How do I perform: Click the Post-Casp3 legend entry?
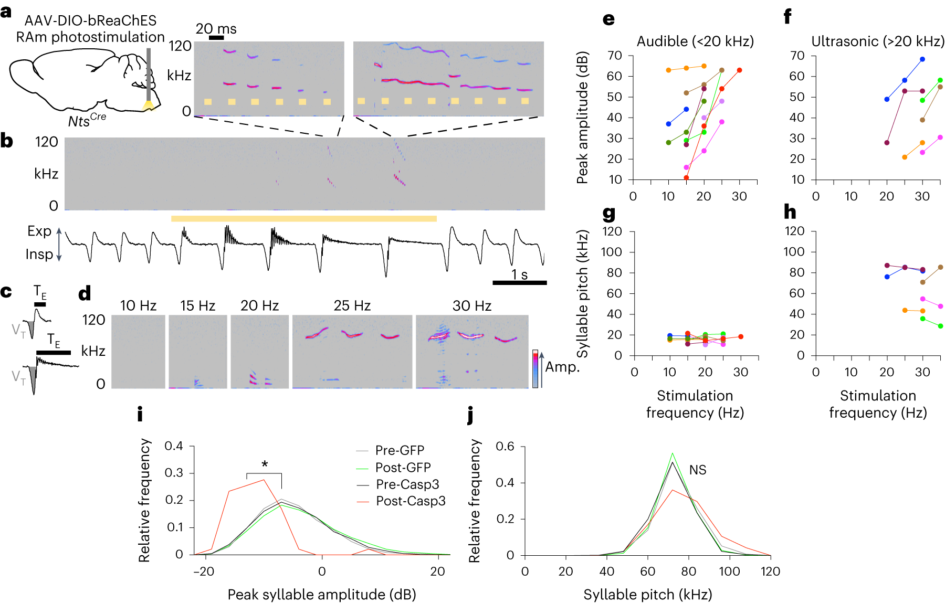point(411,501)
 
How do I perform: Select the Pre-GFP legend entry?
point(400,450)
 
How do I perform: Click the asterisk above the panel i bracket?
point(265,464)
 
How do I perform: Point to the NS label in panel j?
point(698,470)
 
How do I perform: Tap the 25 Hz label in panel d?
point(352,305)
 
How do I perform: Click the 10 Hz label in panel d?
point(138,305)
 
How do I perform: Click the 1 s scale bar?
point(520,282)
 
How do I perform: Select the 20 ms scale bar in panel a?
point(216,38)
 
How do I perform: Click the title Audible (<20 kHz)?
point(695,41)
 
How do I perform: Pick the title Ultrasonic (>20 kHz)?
point(878,41)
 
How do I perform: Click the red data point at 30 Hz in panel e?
point(739,70)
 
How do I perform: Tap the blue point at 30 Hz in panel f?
point(922,59)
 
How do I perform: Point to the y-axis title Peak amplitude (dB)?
point(582,118)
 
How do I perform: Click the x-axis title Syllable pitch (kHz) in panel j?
point(648,595)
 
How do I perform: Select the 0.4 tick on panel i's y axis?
point(174,446)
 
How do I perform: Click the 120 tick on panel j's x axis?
point(770,572)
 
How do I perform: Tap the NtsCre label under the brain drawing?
point(87,120)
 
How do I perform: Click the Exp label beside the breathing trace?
point(39,231)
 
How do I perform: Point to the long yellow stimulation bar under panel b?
point(303,218)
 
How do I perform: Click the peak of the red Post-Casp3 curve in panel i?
point(264,480)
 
